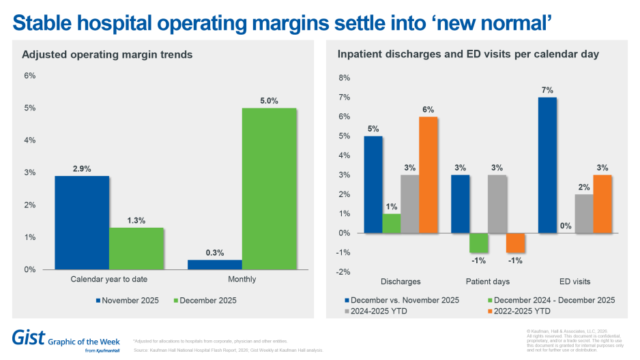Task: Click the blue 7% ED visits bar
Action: (x=547, y=165)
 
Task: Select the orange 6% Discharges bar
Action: (x=428, y=175)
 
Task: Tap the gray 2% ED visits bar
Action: (x=585, y=213)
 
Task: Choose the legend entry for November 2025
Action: (x=129, y=299)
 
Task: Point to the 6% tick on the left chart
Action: (x=30, y=76)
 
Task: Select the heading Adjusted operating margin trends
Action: (x=107, y=54)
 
